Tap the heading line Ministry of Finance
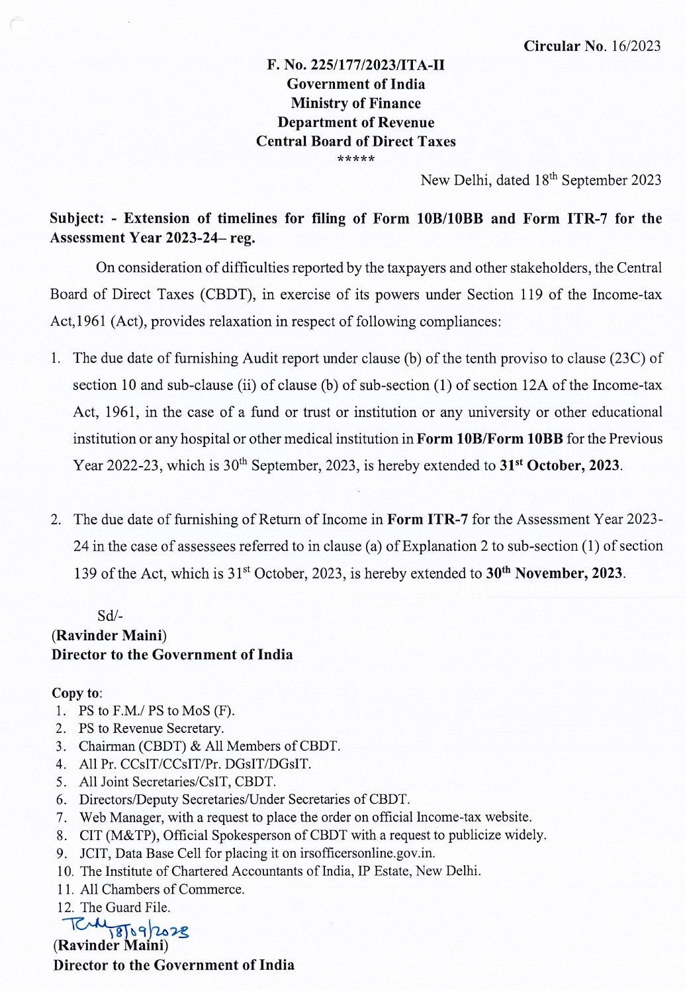pos(355,103)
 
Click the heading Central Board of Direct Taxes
pos(355,142)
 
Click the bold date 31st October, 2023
pos(561,465)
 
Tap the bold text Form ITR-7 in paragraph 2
pos(428,519)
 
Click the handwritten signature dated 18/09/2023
pos(124,929)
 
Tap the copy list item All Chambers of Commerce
pos(162,889)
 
